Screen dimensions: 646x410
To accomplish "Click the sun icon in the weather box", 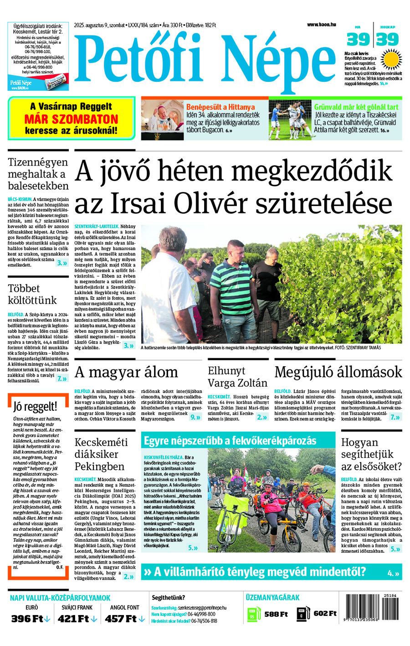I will tap(390, 60).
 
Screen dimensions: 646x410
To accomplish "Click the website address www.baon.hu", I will tap(321, 25).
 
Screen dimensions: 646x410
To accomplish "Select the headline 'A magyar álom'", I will tap(126, 372).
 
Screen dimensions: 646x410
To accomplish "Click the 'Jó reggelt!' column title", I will tap(35, 406).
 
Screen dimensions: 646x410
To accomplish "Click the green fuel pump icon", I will tap(254, 614).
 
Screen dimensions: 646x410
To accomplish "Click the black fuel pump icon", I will tap(303, 614).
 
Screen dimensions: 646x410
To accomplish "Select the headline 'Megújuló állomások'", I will tap(338, 372).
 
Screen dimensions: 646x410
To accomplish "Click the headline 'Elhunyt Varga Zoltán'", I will tap(237, 377).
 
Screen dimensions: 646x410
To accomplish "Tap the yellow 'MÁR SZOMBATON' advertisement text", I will tap(71, 119).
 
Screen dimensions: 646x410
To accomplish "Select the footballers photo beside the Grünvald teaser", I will tap(289, 120).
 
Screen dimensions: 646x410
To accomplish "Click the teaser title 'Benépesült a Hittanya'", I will tap(220, 107).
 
